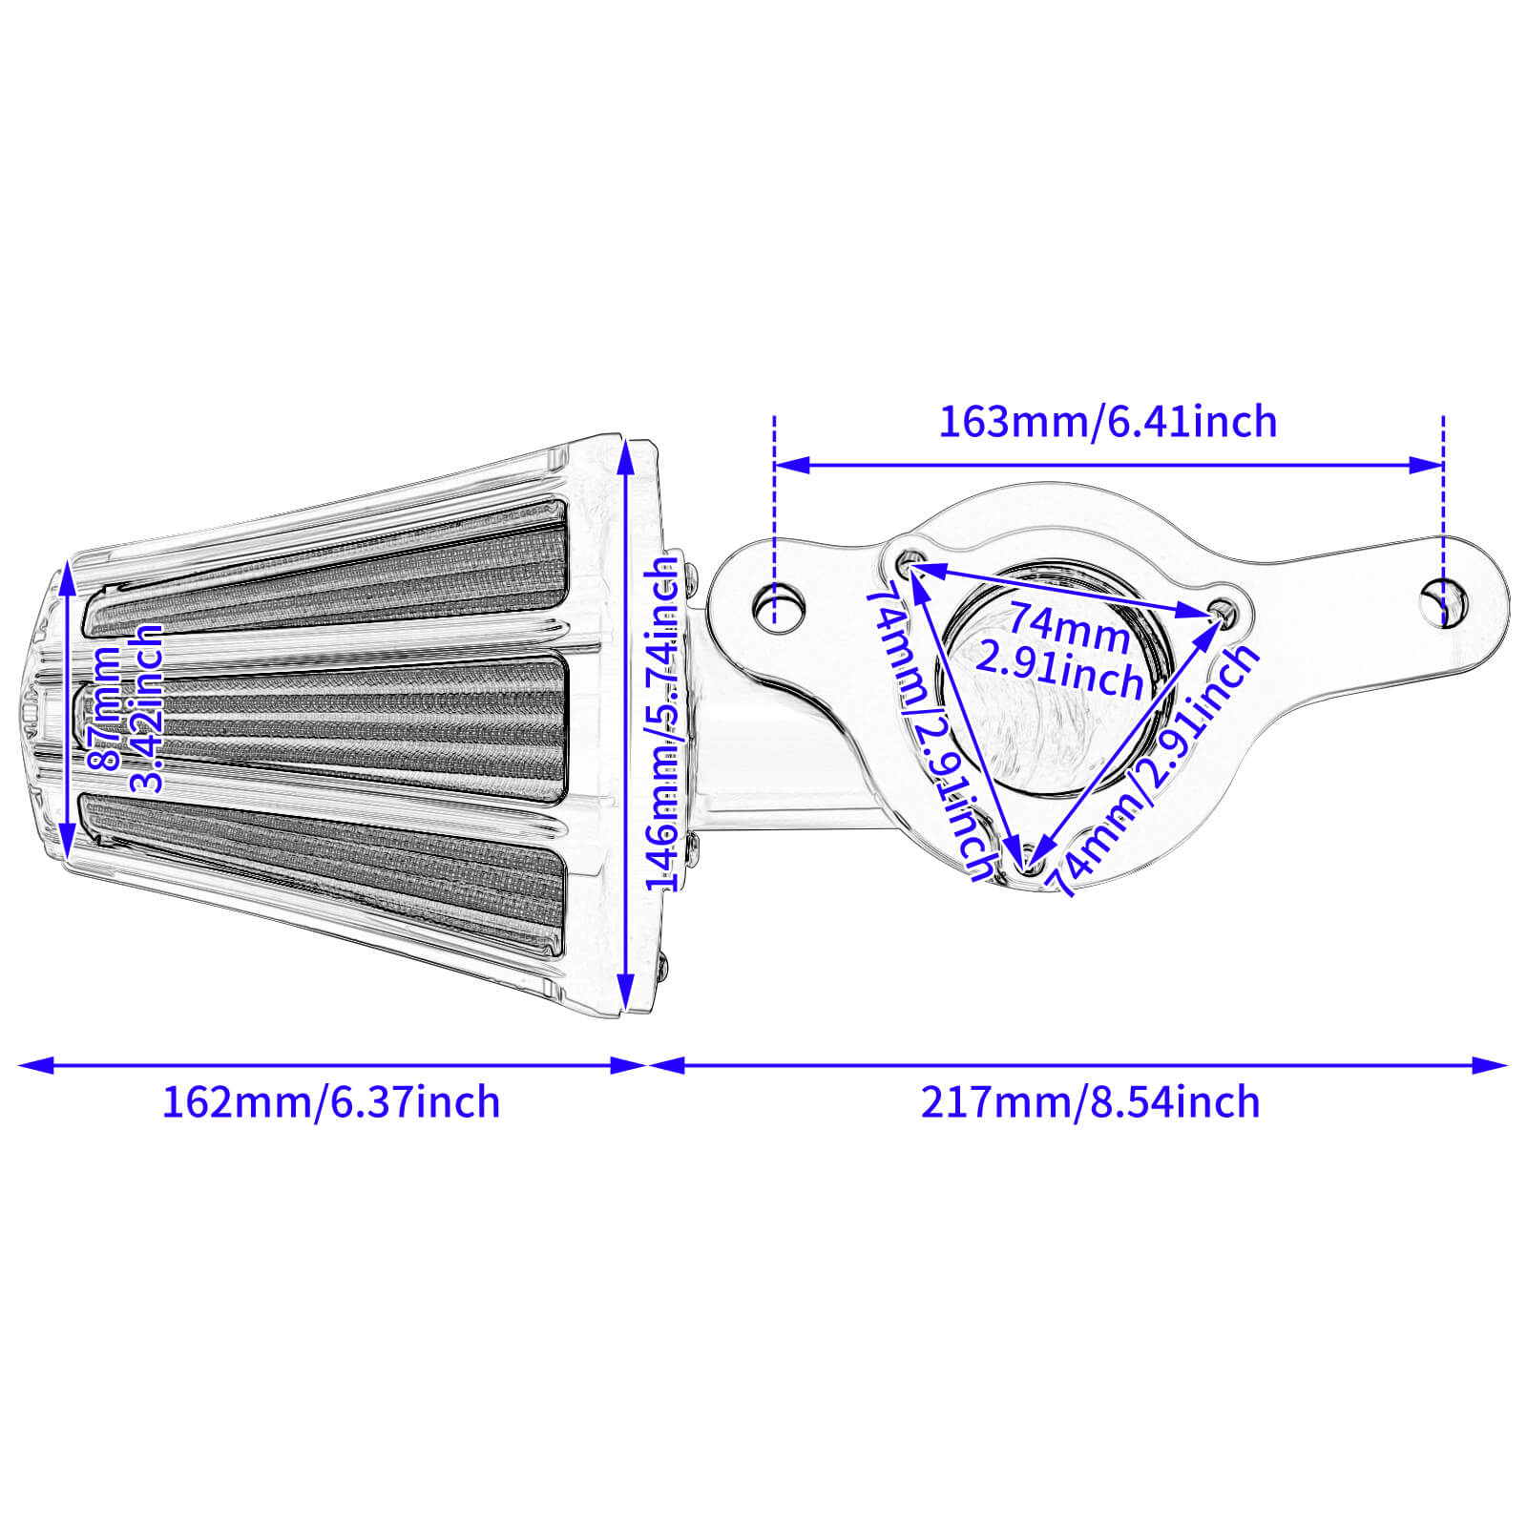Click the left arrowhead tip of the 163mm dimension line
(776, 466)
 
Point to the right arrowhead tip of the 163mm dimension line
(1443, 466)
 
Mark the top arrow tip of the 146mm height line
(626, 441)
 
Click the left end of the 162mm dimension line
(19, 1065)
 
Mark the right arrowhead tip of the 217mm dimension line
(1508, 1065)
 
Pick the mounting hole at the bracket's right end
(1444, 603)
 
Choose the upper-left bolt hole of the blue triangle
(910, 562)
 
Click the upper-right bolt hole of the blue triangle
(1222, 612)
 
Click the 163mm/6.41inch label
(1108, 422)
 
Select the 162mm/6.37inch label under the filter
(330, 1103)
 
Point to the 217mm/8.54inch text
(1090, 1103)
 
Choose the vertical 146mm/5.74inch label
(663, 726)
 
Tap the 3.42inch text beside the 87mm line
(146, 709)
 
